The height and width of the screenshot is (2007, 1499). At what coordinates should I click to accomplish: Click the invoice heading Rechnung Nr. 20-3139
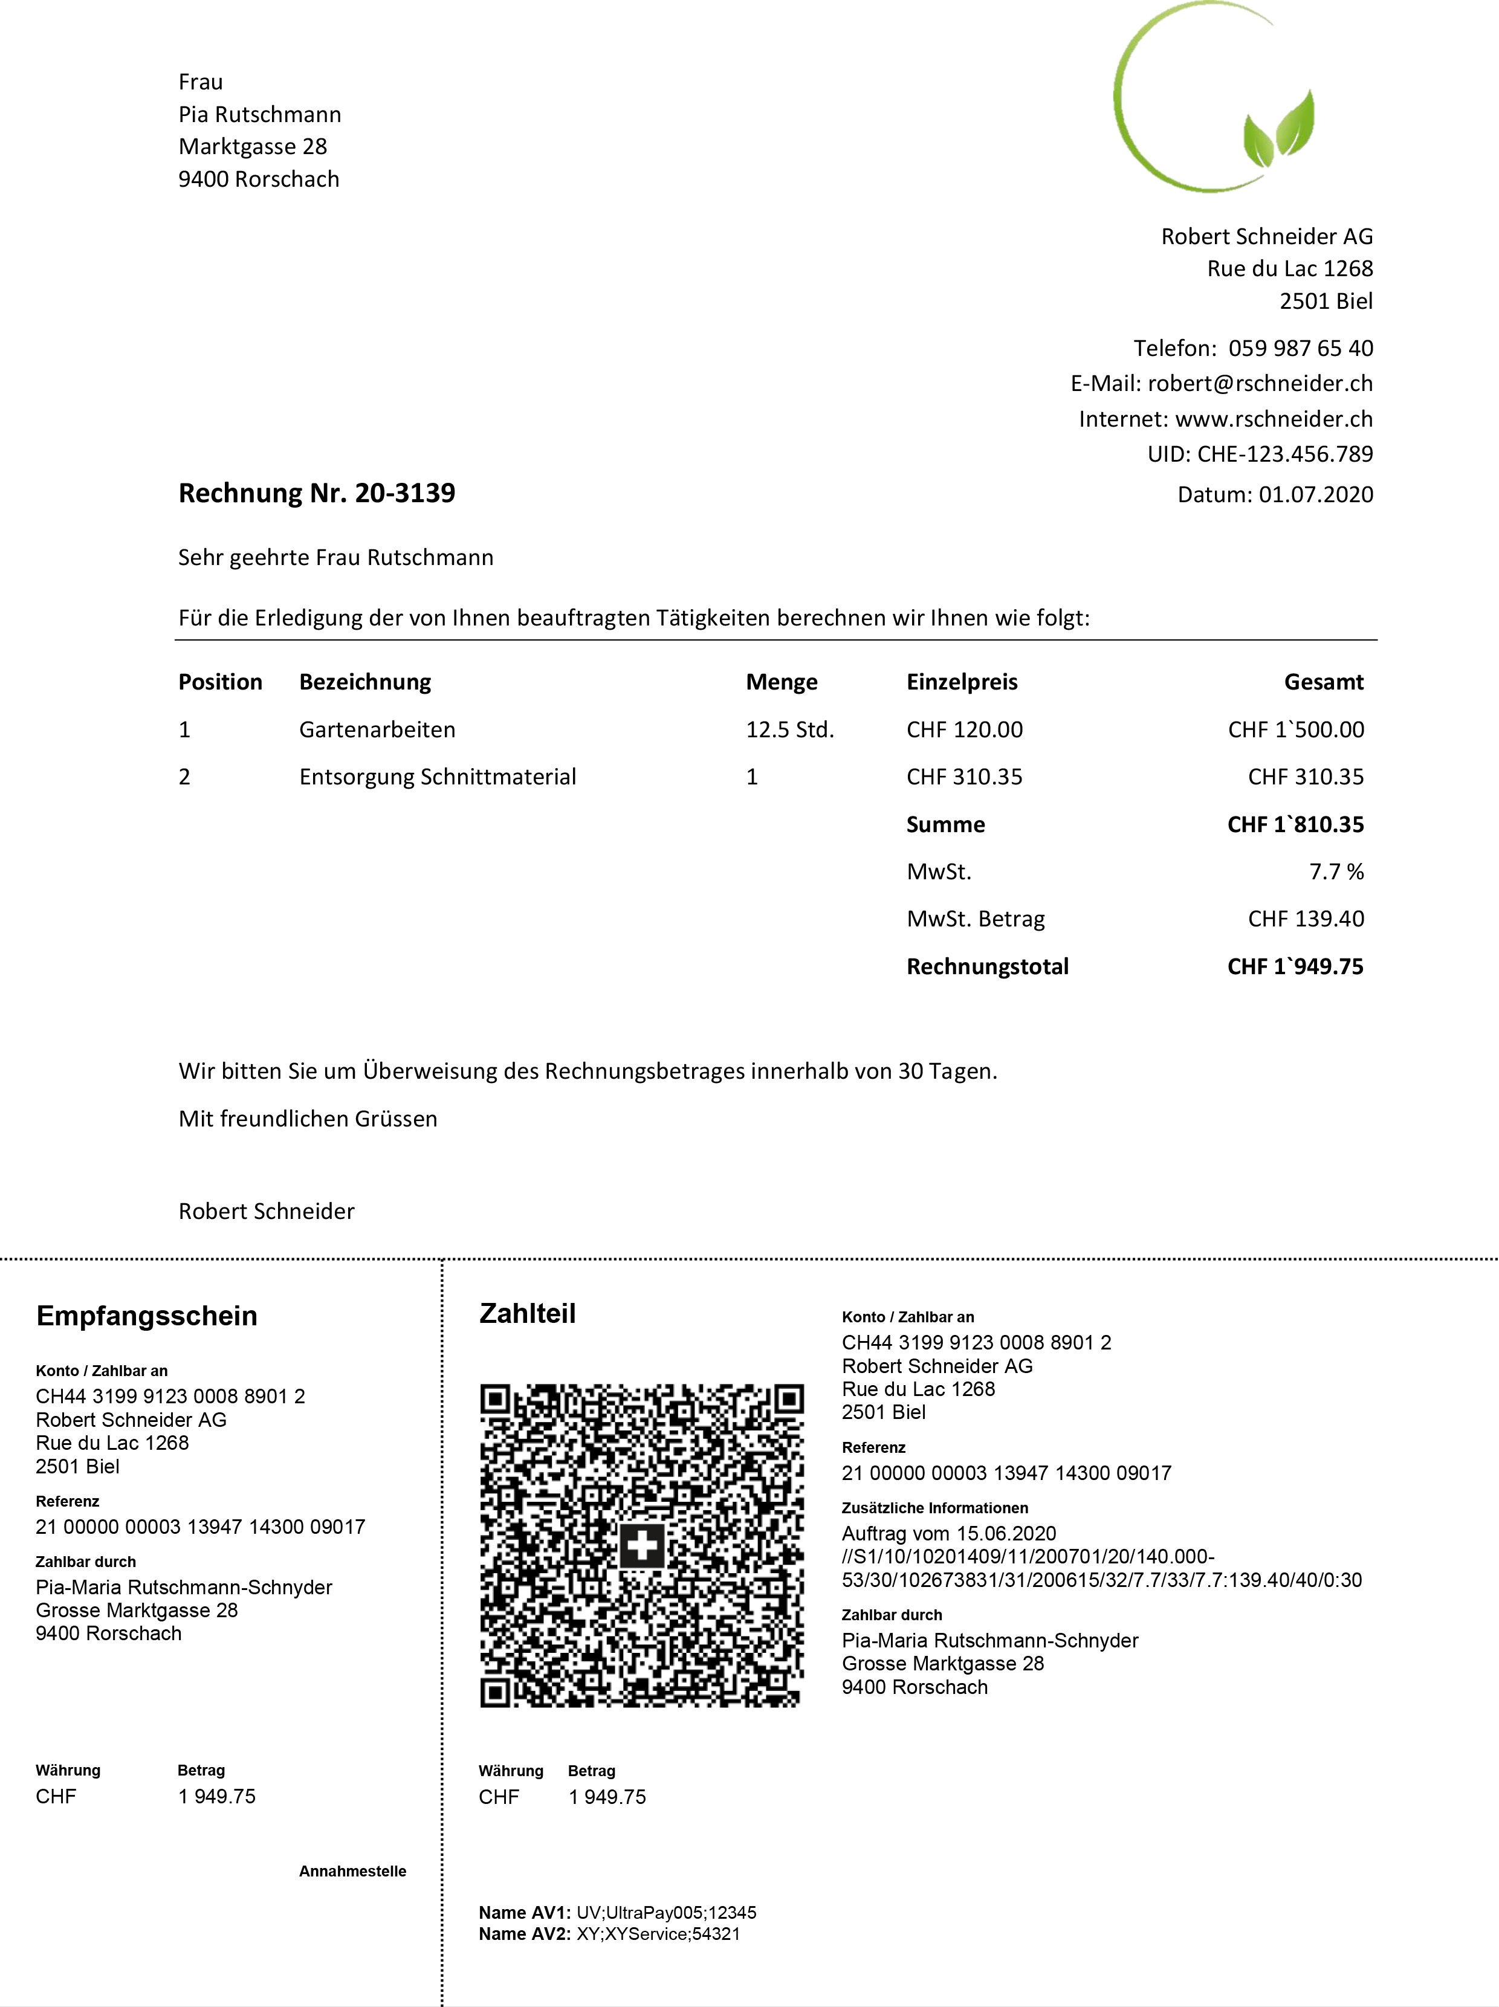317,493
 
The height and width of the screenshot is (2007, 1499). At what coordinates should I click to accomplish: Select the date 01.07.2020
1316,494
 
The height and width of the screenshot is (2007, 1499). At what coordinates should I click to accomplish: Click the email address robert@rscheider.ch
1260,384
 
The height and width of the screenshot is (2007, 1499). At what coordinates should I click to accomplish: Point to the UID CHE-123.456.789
1285,454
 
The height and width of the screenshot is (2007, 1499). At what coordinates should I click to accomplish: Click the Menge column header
782,682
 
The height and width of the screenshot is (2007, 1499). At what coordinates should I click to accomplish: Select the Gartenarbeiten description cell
378,729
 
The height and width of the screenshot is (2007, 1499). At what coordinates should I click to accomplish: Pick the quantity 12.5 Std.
789,729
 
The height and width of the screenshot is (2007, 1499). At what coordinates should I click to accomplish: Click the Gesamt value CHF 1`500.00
1296,729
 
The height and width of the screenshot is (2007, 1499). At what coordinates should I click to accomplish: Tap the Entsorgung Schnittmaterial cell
438,777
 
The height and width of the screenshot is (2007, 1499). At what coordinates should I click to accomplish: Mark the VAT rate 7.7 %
1336,872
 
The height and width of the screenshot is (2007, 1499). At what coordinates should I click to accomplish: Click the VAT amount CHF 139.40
1306,919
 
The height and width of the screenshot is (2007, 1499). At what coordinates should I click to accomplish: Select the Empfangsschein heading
147,1316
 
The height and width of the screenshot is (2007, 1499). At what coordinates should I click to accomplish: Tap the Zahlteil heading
527,1313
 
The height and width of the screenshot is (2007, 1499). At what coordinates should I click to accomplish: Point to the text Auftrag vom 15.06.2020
948,1533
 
